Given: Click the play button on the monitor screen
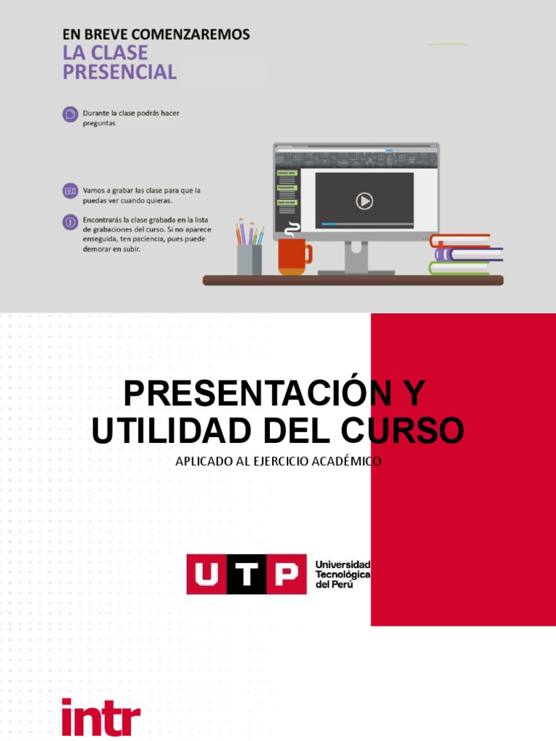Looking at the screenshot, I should [x=364, y=200].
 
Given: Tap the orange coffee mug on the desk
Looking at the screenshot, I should [x=293, y=256].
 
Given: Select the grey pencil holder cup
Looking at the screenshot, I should [x=249, y=259].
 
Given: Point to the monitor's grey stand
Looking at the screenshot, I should [x=355, y=258].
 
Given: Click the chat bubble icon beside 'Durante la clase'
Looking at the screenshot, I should [x=70, y=114].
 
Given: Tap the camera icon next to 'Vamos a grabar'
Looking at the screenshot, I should [x=70, y=190].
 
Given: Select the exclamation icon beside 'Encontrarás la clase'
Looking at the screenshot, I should [x=70, y=222].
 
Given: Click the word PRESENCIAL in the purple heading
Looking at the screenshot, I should [x=119, y=72].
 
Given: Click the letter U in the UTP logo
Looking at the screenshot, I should [x=206, y=575].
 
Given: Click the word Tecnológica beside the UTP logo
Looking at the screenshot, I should [x=343, y=574].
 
